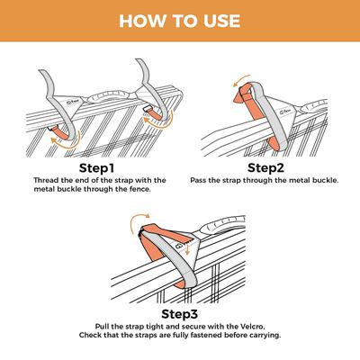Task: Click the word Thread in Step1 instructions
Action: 30,179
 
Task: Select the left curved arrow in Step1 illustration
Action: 65,135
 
